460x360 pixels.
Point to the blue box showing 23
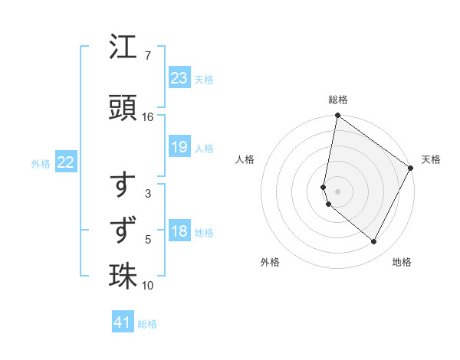pyautogui.click(x=179, y=78)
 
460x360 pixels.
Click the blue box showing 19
pyautogui.click(x=179, y=147)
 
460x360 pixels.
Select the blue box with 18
pyautogui.click(x=179, y=232)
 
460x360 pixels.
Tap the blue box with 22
pyautogui.click(x=66, y=162)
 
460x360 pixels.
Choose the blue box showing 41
pyautogui.click(x=123, y=323)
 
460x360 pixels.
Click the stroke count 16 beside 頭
pyautogui.click(x=148, y=117)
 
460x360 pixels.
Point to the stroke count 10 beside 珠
pyautogui.click(x=148, y=286)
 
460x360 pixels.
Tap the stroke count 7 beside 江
pyautogui.click(x=148, y=56)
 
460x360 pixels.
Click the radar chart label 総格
pyautogui.click(x=338, y=100)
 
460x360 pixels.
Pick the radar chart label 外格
pyautogui.click(x=270, y=262)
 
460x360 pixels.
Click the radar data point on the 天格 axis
pyautogui.click(x=411, y=169)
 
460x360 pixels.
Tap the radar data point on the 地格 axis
pyautogui.click(x=374, y=242)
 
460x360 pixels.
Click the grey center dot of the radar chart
pyautogui.click(x=338, y=191)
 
